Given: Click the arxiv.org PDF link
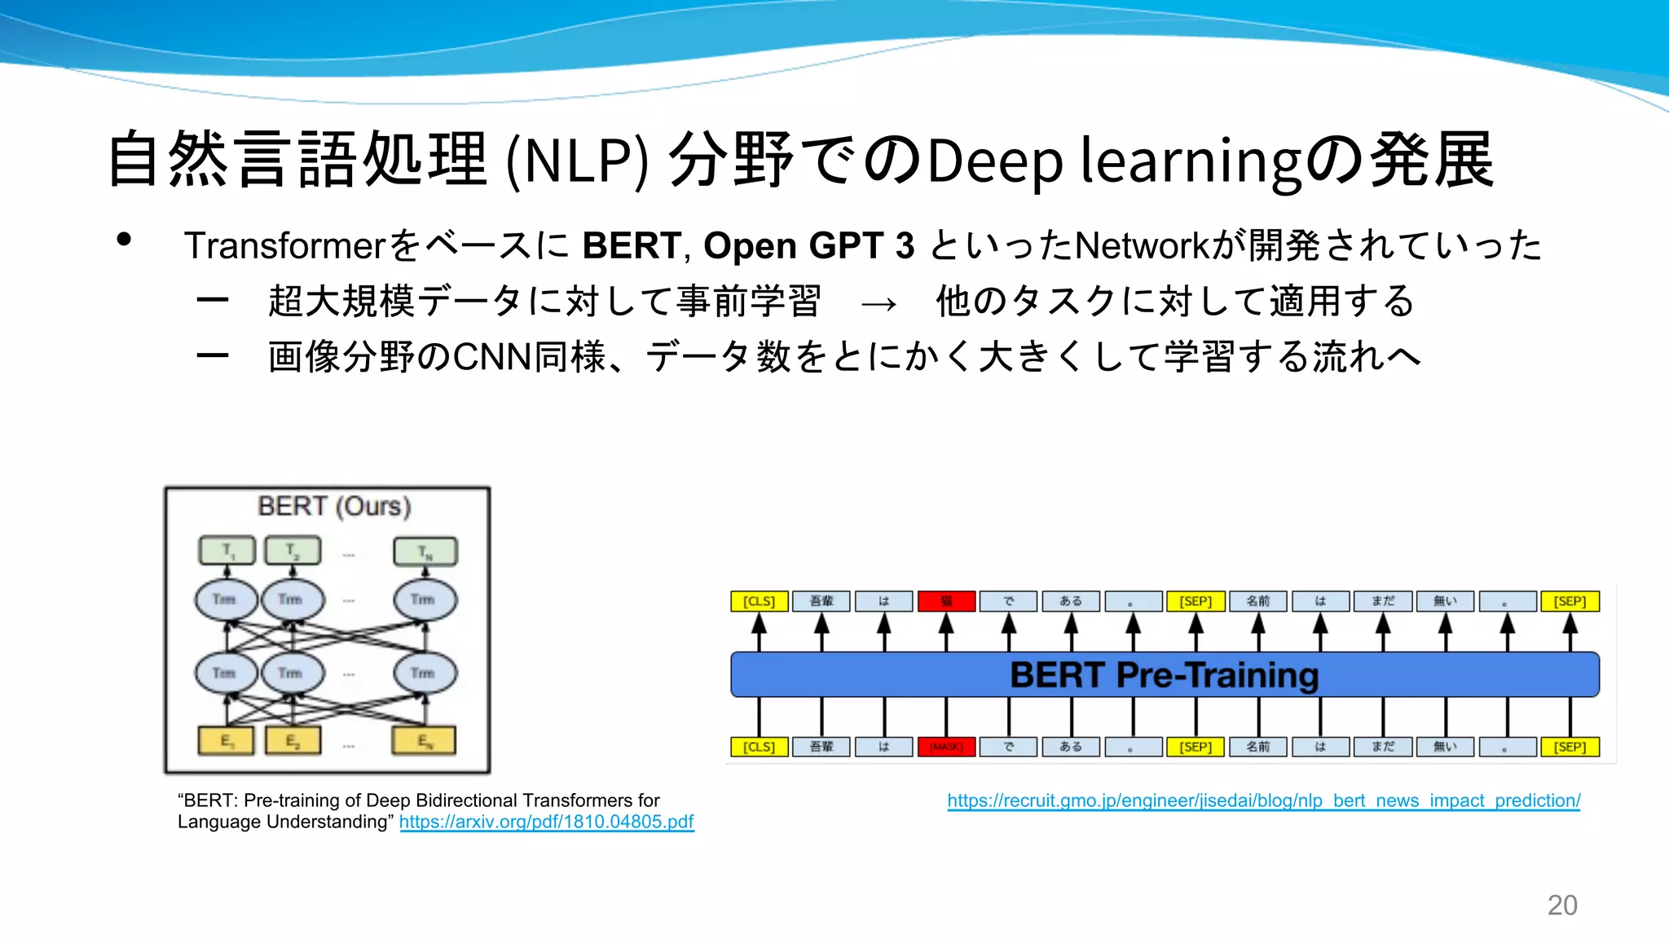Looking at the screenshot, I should click(x=546, y=822).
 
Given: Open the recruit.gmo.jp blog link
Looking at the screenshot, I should click(x=1263, y=800).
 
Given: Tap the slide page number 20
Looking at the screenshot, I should click(x=1561, y=905).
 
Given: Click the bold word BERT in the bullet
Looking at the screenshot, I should click(x=632, y=245).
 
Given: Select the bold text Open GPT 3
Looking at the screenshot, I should click(x=808, y=245).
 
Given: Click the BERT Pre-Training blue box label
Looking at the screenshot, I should click(x=1164, y=675).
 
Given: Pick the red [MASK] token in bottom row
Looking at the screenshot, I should click(x=946, y=747).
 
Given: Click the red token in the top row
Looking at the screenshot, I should click(x=946, y=602).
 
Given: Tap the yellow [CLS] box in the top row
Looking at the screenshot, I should click(x=759, y=602).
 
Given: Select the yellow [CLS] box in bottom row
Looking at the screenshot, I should click(x=759, y=747).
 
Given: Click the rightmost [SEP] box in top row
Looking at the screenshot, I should click(x=1570, y=602).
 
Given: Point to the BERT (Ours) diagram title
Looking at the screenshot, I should click(x=334, y=506).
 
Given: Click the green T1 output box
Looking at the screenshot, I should click(x=227, y=551).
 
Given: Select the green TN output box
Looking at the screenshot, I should click(x=425, y=551).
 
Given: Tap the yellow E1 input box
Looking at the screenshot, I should click(x=227, y=741).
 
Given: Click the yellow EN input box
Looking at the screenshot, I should click(x=424, y=741).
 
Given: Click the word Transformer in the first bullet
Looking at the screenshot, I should click(x=284, y=245).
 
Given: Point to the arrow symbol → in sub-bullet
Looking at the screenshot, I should click(x=879, y=303).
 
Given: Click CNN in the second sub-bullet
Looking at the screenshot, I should click(x=492, y=357).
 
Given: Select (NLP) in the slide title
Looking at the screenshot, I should click(x=577, y=161).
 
